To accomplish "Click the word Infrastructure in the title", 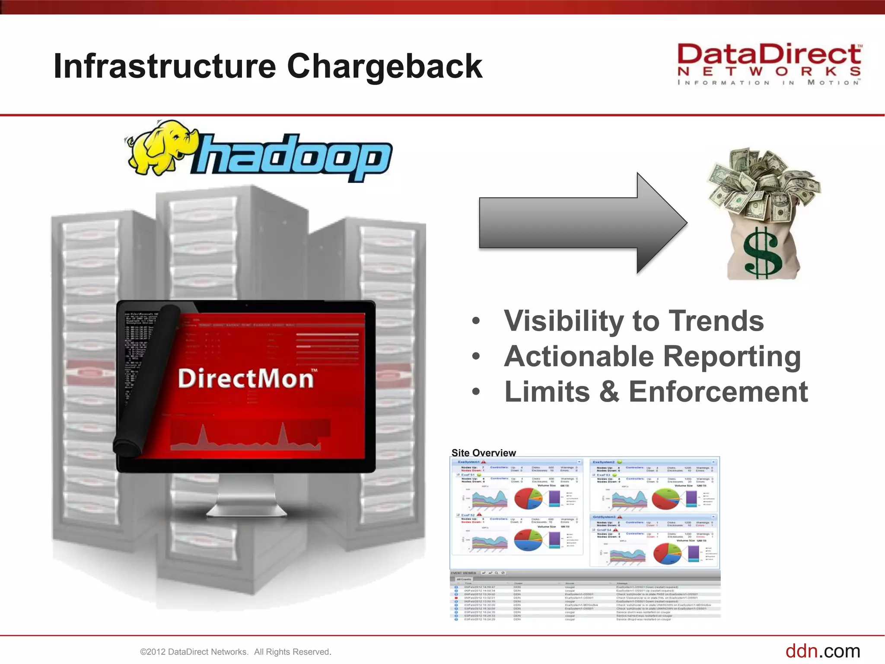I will [165, 67].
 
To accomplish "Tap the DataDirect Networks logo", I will [769, 64].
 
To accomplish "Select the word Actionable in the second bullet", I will [579, 357].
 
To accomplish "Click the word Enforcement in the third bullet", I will [718, 392].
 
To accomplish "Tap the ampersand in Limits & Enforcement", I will [609, 392].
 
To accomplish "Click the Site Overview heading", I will [483, 453].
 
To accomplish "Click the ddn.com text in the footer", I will [822, 651].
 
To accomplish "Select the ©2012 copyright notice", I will [236, 652].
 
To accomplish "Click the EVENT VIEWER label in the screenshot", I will [463, 573].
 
